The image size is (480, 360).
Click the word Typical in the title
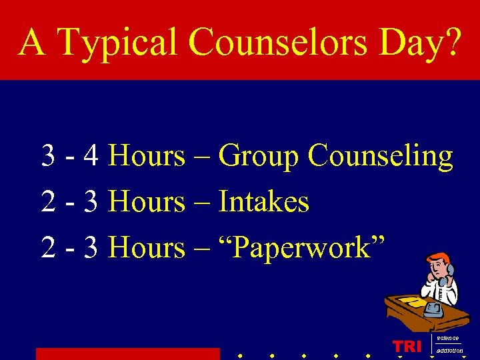point(118,43)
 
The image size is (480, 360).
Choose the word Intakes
point(264,201)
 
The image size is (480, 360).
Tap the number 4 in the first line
point(92,156)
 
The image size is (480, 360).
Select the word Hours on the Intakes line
point(146,201)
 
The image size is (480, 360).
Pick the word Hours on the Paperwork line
point(146,247)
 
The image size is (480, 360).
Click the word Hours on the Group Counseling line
point(146,156)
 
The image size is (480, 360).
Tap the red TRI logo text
point(407,346)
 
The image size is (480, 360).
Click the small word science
point(447,339)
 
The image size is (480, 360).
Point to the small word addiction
point(450,351)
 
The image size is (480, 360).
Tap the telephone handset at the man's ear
point(450,271)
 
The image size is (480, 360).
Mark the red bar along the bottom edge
point(127,353)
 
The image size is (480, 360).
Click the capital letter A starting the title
point(32,43)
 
